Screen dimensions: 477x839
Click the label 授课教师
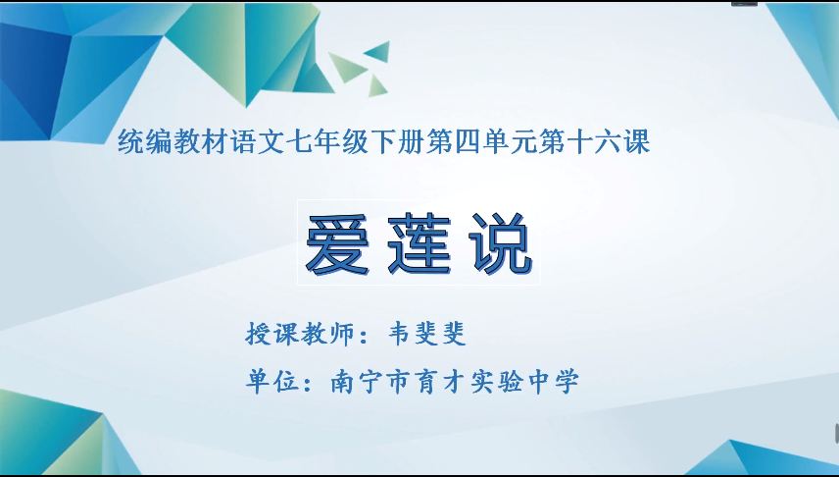tap(296, 334)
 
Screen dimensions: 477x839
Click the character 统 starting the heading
tap(130, 143)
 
